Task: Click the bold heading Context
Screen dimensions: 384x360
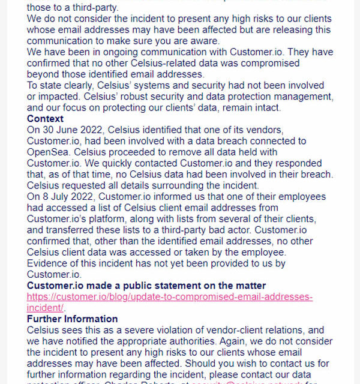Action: click(45, 119)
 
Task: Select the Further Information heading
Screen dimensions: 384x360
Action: click(72, 319)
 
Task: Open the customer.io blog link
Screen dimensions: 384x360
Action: click(170, 297)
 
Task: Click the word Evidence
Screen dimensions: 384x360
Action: click(49, 263)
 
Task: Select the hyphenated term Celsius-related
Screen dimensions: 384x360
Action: click(190, 63)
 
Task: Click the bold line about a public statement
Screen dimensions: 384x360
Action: click(146, 286)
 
